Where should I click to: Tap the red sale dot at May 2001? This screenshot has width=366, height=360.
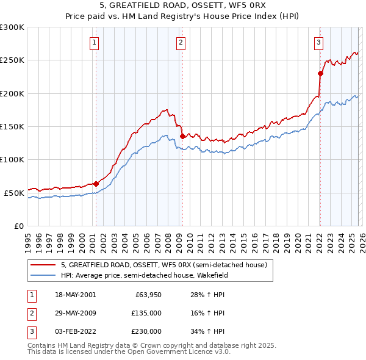pyautogui.click(x=96, y=183)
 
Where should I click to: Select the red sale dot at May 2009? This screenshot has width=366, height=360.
pyautogui.click(x=182, y=136)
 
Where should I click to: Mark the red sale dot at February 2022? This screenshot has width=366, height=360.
pyautogui.click(x=320, y=73)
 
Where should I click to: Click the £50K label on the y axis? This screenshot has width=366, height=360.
pyautogui.click(x=14, y=193)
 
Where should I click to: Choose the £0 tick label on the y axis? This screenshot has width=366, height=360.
pyautogui.click(x=18, y=226)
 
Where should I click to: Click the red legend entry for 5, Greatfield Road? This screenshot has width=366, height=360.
pyautogui.click(x=163, y=265)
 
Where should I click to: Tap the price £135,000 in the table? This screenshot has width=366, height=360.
pyautogui.click(x=146, y=313)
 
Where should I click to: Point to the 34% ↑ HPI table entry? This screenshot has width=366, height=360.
pyautogui.click(x=209, y=331)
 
